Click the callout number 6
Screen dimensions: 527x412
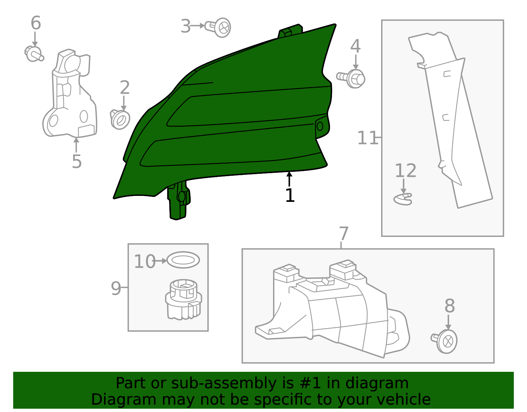pos(36,23)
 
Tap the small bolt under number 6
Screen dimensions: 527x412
pos(34,54)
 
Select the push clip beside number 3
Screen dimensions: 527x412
pos(218,27)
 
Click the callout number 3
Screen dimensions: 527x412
pos(186,26)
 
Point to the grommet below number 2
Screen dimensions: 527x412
pos(120,119)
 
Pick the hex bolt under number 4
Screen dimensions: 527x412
pos(351,79)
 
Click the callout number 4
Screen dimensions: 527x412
pos(355,46)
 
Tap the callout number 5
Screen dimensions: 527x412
pos(77,161)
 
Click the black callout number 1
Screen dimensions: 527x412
pos(290,195)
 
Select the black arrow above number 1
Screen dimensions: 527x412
pos(289,179)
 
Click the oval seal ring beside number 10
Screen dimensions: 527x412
pos(183,260)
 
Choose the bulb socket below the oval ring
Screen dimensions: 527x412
pos(183,300)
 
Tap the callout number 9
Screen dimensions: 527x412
pos(116,288)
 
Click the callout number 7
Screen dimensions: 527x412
pos(344,234)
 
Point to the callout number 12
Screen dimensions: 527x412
pos(405,171)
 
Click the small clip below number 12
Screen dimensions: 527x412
pos(403,199)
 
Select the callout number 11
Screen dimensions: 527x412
pos(368,138)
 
